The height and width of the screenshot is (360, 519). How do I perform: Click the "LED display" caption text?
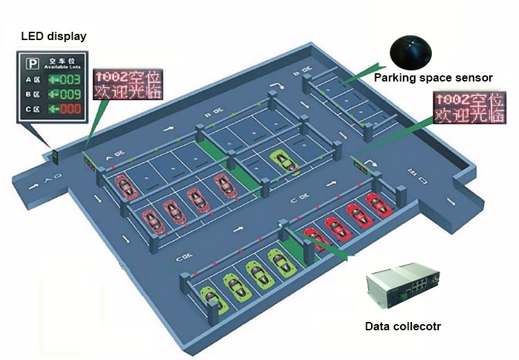tap(53, 35)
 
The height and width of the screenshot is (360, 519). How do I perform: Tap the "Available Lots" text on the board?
tap(62, 67)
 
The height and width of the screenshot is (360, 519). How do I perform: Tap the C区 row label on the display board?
tap(32, 109)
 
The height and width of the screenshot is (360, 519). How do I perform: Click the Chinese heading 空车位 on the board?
tap(62, 60)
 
